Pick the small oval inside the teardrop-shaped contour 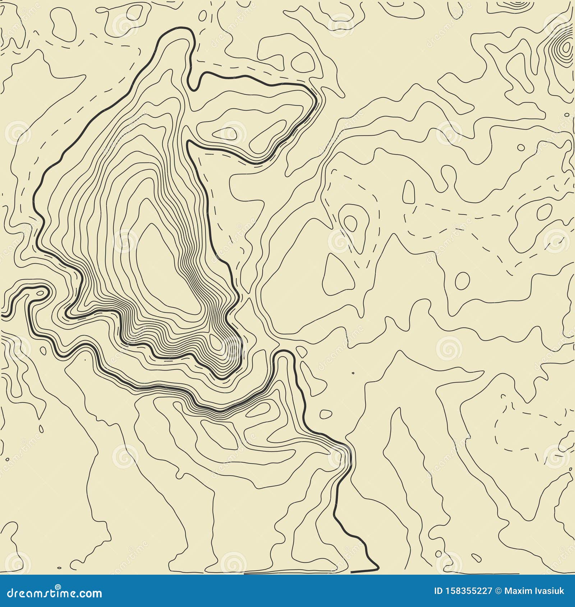[x=351, y=222]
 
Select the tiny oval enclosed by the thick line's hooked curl [x=40, y=293]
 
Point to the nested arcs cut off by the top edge [x=517, y=4]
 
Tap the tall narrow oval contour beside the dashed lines [x=408, y=192]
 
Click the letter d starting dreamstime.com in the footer [x=11, y=593]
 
